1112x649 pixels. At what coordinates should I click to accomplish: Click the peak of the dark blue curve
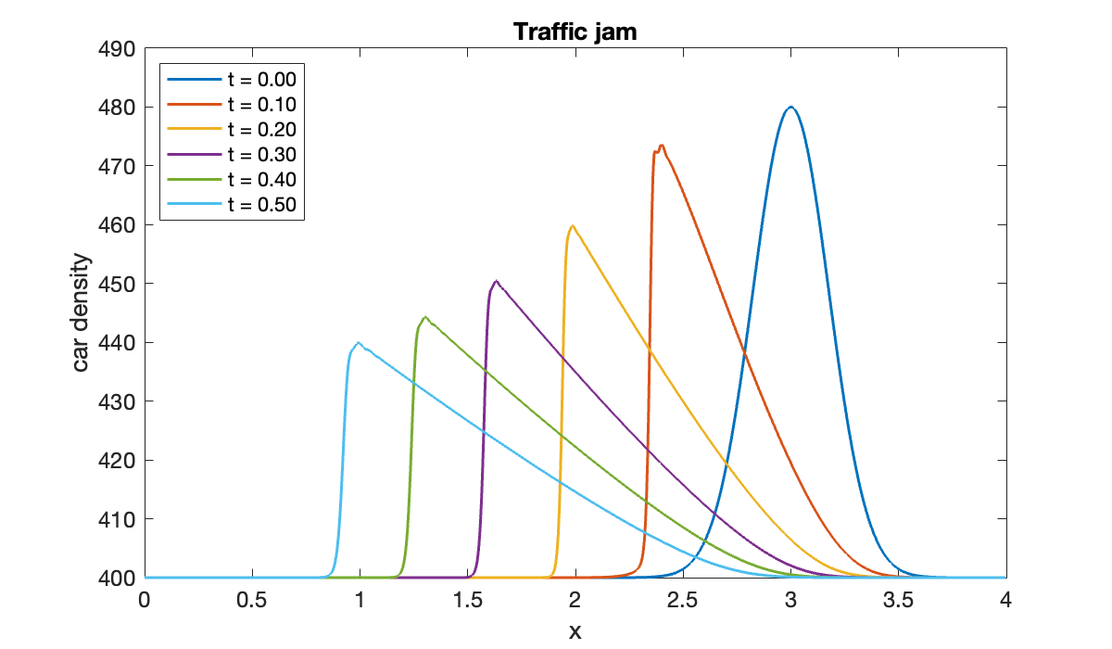click(x=790, y=107)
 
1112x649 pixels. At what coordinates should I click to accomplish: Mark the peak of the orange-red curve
click(x=662, y=146)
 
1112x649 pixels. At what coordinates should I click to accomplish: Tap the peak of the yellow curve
click(x=572, y=225)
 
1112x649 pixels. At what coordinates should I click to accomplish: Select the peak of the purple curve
click(x=497, y=281)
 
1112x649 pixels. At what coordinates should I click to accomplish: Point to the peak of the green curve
click(x=425, y=317)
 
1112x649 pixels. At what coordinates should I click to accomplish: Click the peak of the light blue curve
click(x=359, y=342)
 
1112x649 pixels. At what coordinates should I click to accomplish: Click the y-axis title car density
click(x=82, y=312)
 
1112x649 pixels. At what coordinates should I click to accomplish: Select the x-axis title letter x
click(x=575, y=631)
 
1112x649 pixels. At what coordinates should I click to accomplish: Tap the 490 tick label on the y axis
click(x=117, y=48)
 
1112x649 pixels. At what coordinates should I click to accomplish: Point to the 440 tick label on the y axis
click(x=117, y=342)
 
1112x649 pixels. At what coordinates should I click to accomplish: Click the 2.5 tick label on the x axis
click(x=682, y=600)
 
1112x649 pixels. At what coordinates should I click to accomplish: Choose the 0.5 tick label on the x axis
click(x=251, y=600)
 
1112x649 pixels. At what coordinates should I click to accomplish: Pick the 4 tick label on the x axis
click(x=1005, y=600)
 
